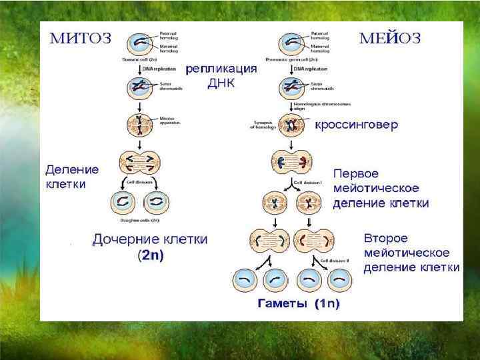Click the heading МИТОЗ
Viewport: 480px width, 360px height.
coord(81,38)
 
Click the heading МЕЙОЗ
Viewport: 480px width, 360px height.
coord(390,38)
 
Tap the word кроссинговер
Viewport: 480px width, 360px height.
coord(356,125)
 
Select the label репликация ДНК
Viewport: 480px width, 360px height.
coord(221,76)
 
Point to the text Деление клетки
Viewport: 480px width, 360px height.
coord(71,177)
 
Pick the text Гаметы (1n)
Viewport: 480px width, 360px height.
coord(299,304)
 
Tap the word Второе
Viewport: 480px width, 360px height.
coord(386,238)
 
